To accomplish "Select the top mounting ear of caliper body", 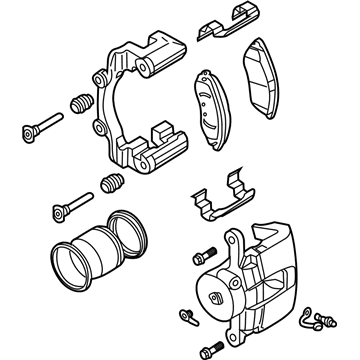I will (x=236, y=241).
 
